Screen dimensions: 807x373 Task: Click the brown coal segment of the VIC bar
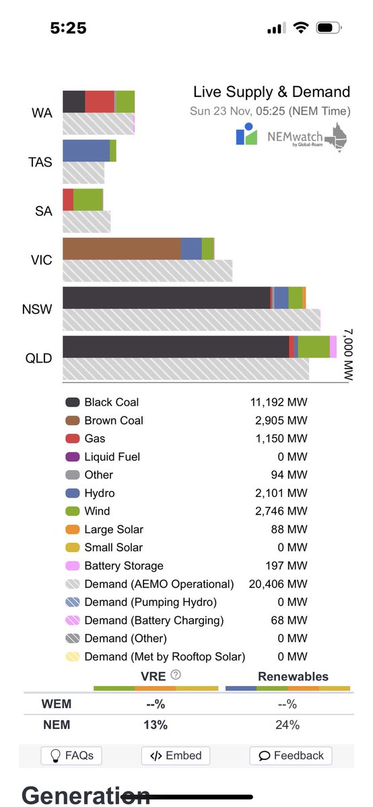[x=122, y=249]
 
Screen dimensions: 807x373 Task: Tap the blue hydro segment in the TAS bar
[x=86, y=151]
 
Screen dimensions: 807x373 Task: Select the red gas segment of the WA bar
[x=100, y=102]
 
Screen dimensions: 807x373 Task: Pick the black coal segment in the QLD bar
[x=175, y=347]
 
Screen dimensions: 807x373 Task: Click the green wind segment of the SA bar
[x=88, y=200]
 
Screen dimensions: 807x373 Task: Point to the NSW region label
[x=36, y=309]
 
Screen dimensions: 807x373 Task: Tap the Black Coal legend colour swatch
[x=72, y=403]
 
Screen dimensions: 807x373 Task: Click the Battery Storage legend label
[x=124, y=566]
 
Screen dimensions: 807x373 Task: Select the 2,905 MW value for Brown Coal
[x=278, y=421]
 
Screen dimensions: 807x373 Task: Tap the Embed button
[x=176, y=756]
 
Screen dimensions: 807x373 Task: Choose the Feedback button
[x=291, y=756]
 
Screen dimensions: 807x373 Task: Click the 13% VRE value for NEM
[x=156, y=725]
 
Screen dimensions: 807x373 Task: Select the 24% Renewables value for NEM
[x=287, y=725]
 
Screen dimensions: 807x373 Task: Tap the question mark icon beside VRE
[x=176, y=675]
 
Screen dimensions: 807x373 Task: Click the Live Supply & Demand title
[x=271, y=92]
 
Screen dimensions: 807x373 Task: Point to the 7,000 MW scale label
[x=347, y=355]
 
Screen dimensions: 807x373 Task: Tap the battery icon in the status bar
[x=328, y=28]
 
